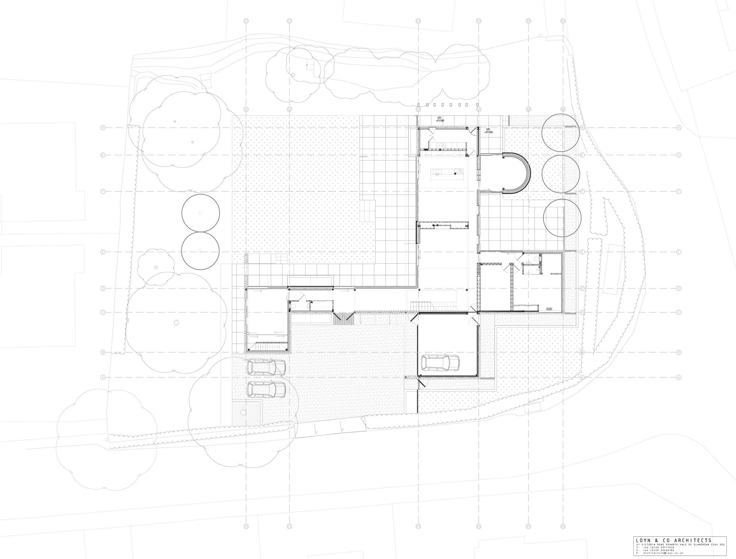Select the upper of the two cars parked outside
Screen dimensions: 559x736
click(x=266, y=367)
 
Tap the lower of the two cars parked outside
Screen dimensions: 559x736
click(x=266, y=390)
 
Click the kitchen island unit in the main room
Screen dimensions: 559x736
click(x=448, y=171)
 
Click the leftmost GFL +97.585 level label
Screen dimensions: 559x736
click(x=440, y=119)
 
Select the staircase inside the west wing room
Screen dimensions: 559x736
click(x=268, y=346)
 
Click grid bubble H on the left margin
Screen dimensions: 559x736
click(x=103, y=128)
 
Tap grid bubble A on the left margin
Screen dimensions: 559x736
click(x=103, y=378)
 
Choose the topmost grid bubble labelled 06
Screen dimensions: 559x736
click(x=563, y=21)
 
